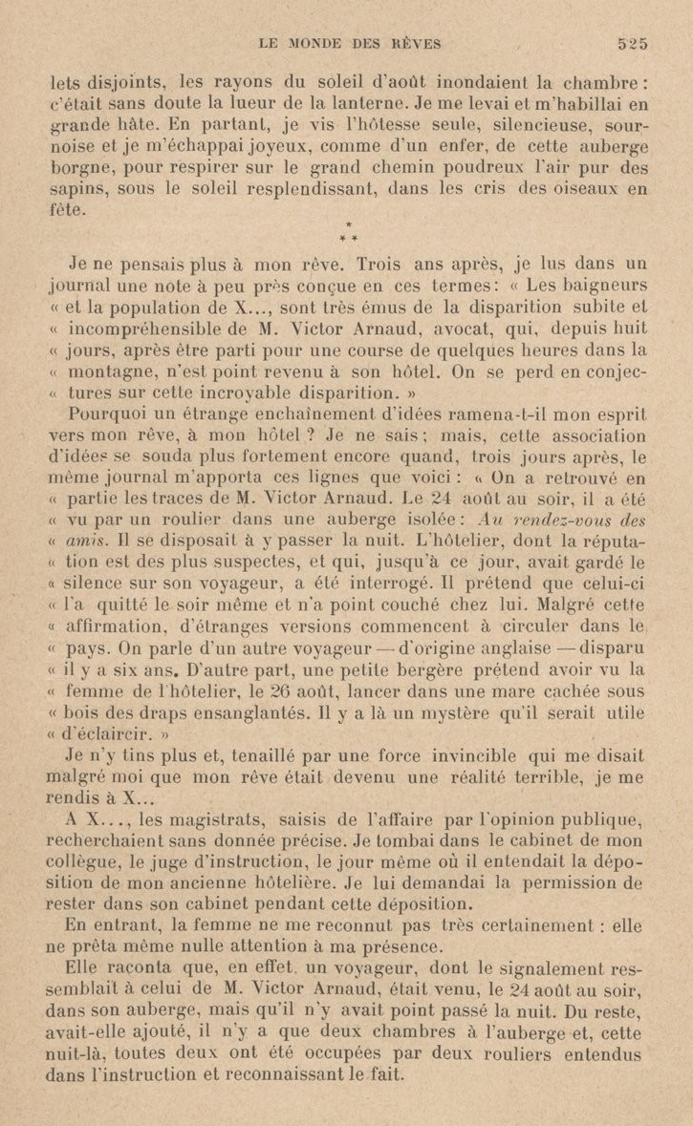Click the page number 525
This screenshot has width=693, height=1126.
coord(633,42)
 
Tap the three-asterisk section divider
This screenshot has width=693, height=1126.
coord(346,230)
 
